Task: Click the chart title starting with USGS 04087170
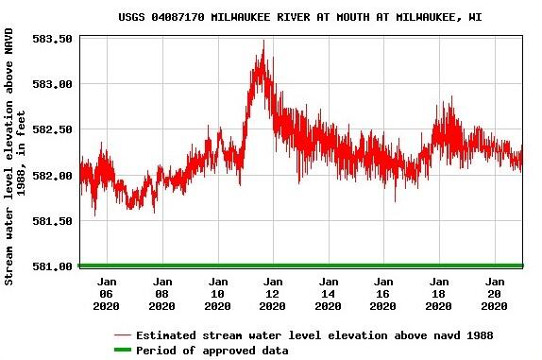click(x=299, y=17)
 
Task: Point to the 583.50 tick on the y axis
click(x=54, y=39)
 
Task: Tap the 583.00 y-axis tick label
click(x=54, y=84)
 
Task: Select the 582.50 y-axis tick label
click(x=54, y=129)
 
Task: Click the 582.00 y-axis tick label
click(x=54, y=175)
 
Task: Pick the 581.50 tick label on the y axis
click(x=54, y=220)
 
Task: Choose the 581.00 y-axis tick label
click(x=54, y=266)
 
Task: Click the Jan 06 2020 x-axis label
click(x=107, y=293)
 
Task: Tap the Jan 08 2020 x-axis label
click(x=162, y=293)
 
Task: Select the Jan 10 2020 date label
click(x=217, y=293)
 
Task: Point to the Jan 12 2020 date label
click(x=273, y=293)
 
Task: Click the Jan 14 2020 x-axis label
click(x=328, y=293)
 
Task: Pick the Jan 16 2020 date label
click(x=383, y=293)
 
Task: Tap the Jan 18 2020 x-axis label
click(x=438, y=293)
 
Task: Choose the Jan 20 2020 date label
click(x=494, y=293)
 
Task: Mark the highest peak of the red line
click(x=263, y=41)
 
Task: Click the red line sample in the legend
click(x=122, y=335)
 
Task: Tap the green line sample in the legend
click(x=122, y=351)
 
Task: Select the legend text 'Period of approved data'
click(x=212, y=351)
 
